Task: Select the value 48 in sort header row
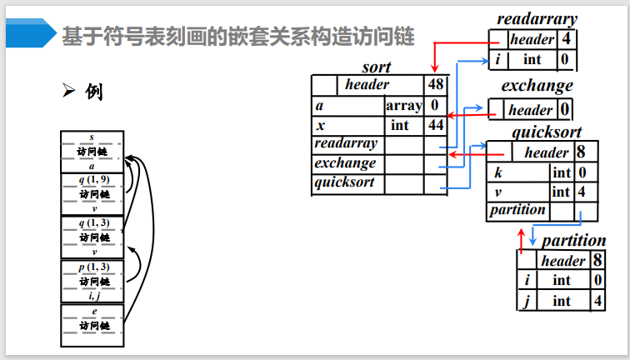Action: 435,84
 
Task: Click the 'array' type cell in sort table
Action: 403,106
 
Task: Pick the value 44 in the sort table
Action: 435,125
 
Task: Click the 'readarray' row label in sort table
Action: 346,144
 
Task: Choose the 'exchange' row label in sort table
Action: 345,163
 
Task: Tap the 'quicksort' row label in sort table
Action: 344,182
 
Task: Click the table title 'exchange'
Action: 537,86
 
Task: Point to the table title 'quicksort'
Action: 546,132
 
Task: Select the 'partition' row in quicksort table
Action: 517,210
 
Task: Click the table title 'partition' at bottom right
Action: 573,241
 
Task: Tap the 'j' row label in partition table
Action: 527,300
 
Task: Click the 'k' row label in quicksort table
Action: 497,172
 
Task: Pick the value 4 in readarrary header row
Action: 567,39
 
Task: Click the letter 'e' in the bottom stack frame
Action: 93,311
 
